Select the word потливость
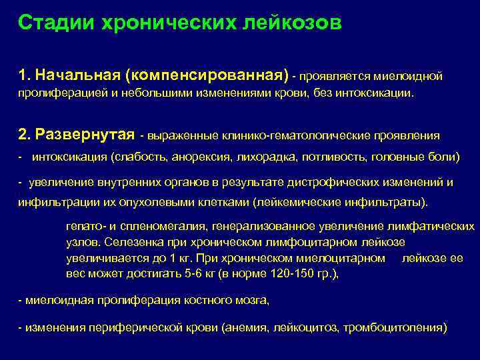(x=326, y=157)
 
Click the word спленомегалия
(x=149, y=227)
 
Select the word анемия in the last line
(x=248, y=328)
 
